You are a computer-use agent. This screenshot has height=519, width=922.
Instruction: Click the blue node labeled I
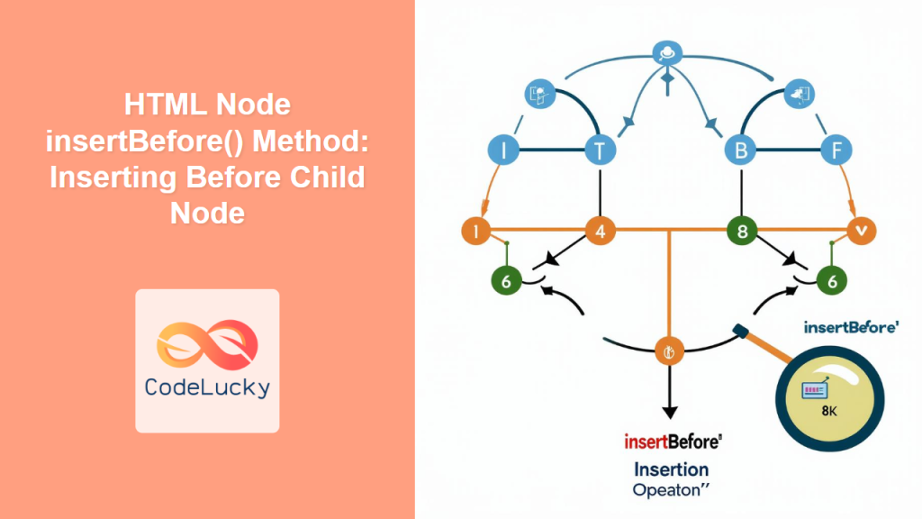pos(503,150)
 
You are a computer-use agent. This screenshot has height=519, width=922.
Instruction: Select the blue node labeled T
pos(599,150)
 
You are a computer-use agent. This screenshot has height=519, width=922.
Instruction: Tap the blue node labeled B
pos(741,150)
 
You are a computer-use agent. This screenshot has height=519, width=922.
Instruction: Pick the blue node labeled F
pos(836,150)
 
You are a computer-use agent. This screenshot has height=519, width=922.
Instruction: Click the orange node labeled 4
pos(600,231)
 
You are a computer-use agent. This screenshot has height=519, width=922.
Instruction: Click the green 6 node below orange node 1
pos(506,280)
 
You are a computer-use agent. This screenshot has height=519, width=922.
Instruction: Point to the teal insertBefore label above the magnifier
pos(850,328)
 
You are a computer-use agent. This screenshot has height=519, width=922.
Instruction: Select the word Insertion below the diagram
pos(671,469)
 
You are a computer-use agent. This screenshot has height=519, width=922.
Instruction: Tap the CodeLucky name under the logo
pos(207,388)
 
